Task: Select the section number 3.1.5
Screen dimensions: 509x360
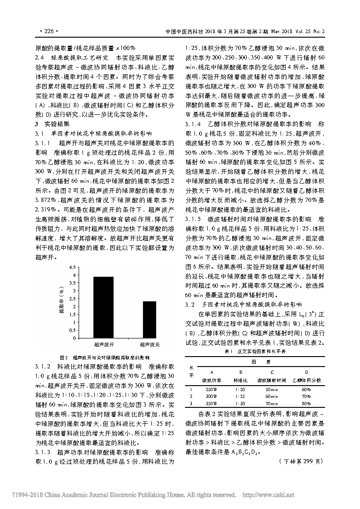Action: coord(193,218)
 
